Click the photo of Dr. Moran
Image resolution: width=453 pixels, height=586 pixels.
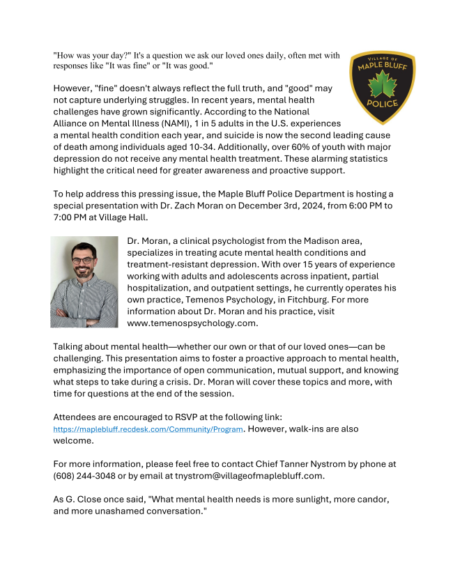(x=84, y=282)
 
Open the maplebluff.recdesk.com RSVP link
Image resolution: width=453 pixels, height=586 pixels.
(x=148, y=429)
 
